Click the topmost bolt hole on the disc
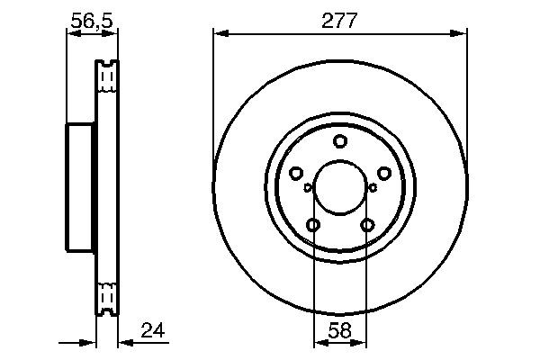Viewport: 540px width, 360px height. pos(340,140)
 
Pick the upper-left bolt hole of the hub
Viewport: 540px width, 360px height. pos(295,173)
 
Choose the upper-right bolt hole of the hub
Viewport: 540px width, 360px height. pos(384,173)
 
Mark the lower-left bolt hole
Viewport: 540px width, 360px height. pos(313,225)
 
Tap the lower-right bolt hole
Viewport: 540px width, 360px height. pos(366,225)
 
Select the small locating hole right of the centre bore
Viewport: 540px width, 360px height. pos(373,187)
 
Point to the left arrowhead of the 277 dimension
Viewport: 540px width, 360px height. pos(219,34)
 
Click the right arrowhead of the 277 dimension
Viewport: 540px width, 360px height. pos(461,34)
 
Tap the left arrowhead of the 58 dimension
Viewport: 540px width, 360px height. pos(318,342)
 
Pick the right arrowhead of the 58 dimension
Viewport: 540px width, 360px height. pos(362,342)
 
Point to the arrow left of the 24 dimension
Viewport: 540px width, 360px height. pos(88,342)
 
